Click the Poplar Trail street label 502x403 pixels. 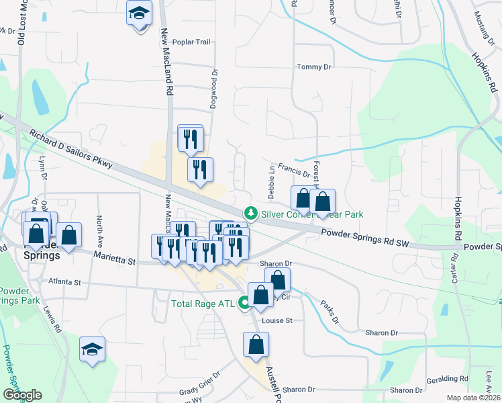191,42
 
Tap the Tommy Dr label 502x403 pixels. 314,67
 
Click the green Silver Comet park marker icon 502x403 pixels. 251,213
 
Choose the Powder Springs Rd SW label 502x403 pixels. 364,236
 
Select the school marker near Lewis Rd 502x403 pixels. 93,349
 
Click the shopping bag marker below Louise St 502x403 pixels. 256,345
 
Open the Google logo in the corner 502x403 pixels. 21,395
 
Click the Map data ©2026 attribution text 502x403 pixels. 473,398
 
